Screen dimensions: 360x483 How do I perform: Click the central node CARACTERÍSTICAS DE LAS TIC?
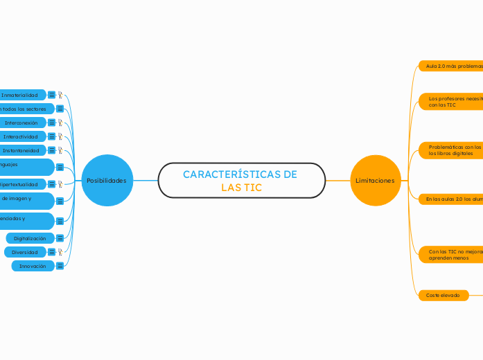click(x=241, y=181)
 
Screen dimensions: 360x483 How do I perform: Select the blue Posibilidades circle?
click(x=107, y=181)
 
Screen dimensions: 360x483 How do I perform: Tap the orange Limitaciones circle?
click(x=375, y=181)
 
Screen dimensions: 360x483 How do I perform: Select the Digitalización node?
click(x=29, y=238)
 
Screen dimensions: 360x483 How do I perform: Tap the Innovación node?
click(x=33, y=266)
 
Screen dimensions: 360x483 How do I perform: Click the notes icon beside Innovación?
click(x=60, y=266)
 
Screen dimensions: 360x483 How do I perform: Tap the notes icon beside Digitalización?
click(x=60, y=238)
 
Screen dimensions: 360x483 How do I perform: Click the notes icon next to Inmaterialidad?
click(x=51, y=95)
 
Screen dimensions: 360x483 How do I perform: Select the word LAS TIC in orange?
click(x=241, y=188)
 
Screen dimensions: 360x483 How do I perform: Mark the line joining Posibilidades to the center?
click(x=146, y=181)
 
